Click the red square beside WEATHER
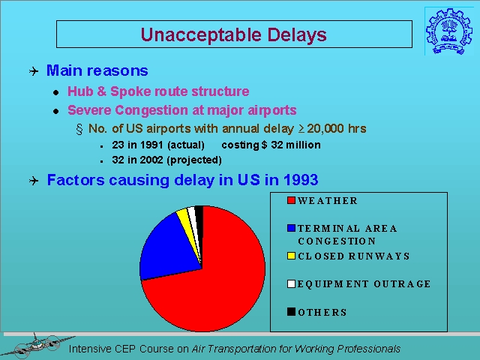(291, 200)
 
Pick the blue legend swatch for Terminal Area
(291, 228)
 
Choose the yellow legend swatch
(291, 256)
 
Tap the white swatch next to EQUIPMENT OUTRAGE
(291, 283)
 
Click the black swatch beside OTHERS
(291, 312)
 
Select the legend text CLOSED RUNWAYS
(353, 256)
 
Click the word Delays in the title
(297, 35)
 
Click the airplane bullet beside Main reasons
(34, 71)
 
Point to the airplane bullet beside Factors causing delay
(34, 181)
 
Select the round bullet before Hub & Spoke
(55, 92)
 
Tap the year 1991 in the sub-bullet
(151, 145)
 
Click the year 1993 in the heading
(301, 180)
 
